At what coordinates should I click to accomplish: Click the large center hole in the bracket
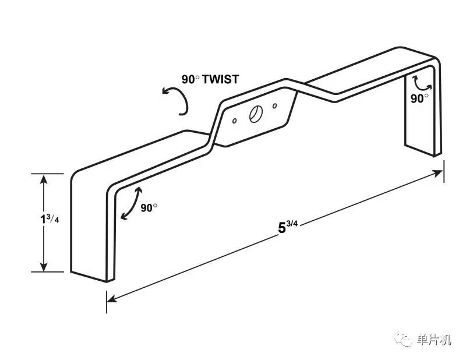click(x=255, y=115)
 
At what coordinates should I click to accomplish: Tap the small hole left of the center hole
click(x=234, y=122)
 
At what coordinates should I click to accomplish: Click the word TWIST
click(x=220, y=79)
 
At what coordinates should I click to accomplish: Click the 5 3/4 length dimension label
click(x=285, y=226)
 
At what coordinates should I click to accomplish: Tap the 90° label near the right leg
click(x=420, y=98)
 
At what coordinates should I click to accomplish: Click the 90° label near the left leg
click(x=149, y=207)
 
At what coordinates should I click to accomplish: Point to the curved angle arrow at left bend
click(x=130, y=204)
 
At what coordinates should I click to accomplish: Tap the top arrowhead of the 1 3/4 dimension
click(x=43, y=178)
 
